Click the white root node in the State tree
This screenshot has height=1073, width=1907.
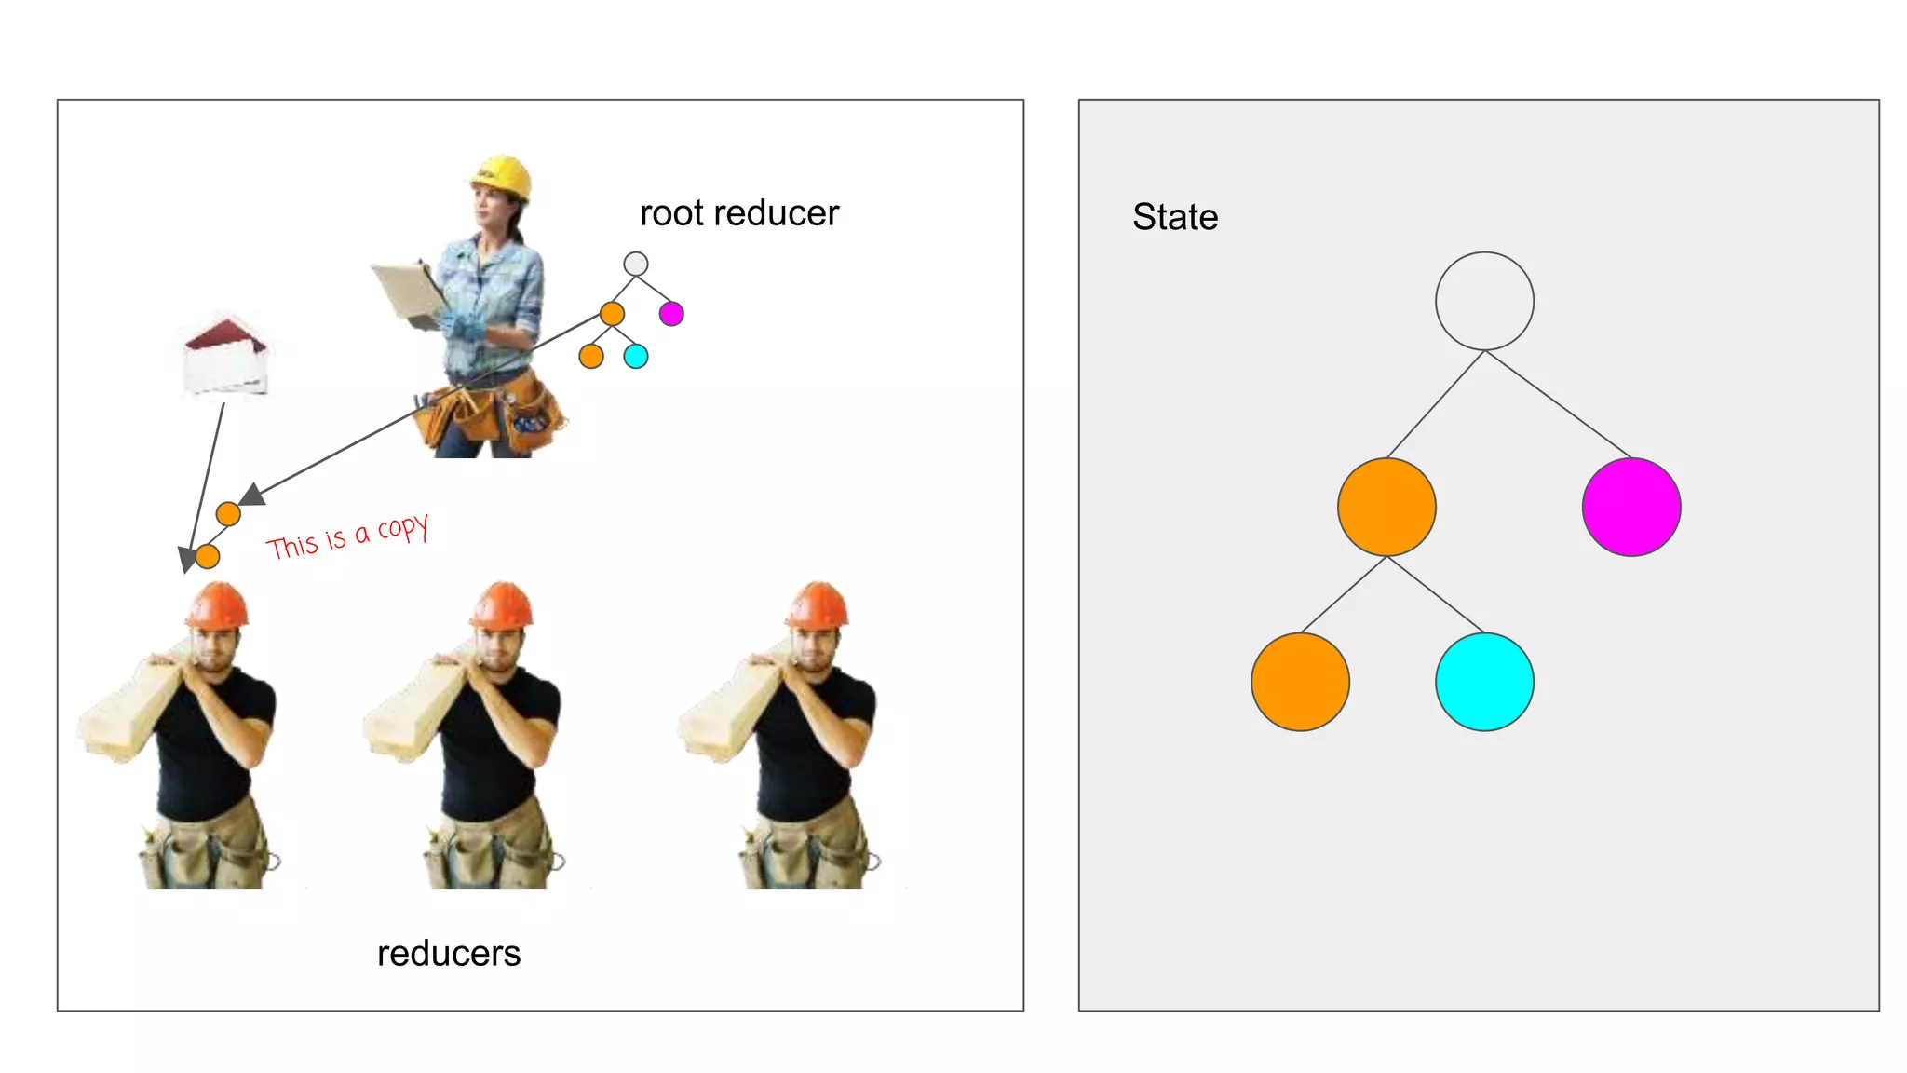tap(1484, 301)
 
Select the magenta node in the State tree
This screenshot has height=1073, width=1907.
tap(1631, 507)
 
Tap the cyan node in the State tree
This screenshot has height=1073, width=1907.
tap(1484, 682)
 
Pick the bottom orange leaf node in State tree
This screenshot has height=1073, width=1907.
tap(1300, 682)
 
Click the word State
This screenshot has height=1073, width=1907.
tap(1175, 217)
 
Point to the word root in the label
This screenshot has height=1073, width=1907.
tap(671, 213)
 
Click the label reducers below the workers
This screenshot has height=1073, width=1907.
tap(449, 954)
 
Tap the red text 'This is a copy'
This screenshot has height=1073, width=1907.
tap(347, 537)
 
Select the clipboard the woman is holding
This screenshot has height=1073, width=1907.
tap(408, 291)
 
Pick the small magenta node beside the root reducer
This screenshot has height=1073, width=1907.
tap(671, 314)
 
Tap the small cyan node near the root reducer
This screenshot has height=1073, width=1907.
tap(636, 356)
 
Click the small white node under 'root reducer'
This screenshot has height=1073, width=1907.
tap(636, 264)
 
